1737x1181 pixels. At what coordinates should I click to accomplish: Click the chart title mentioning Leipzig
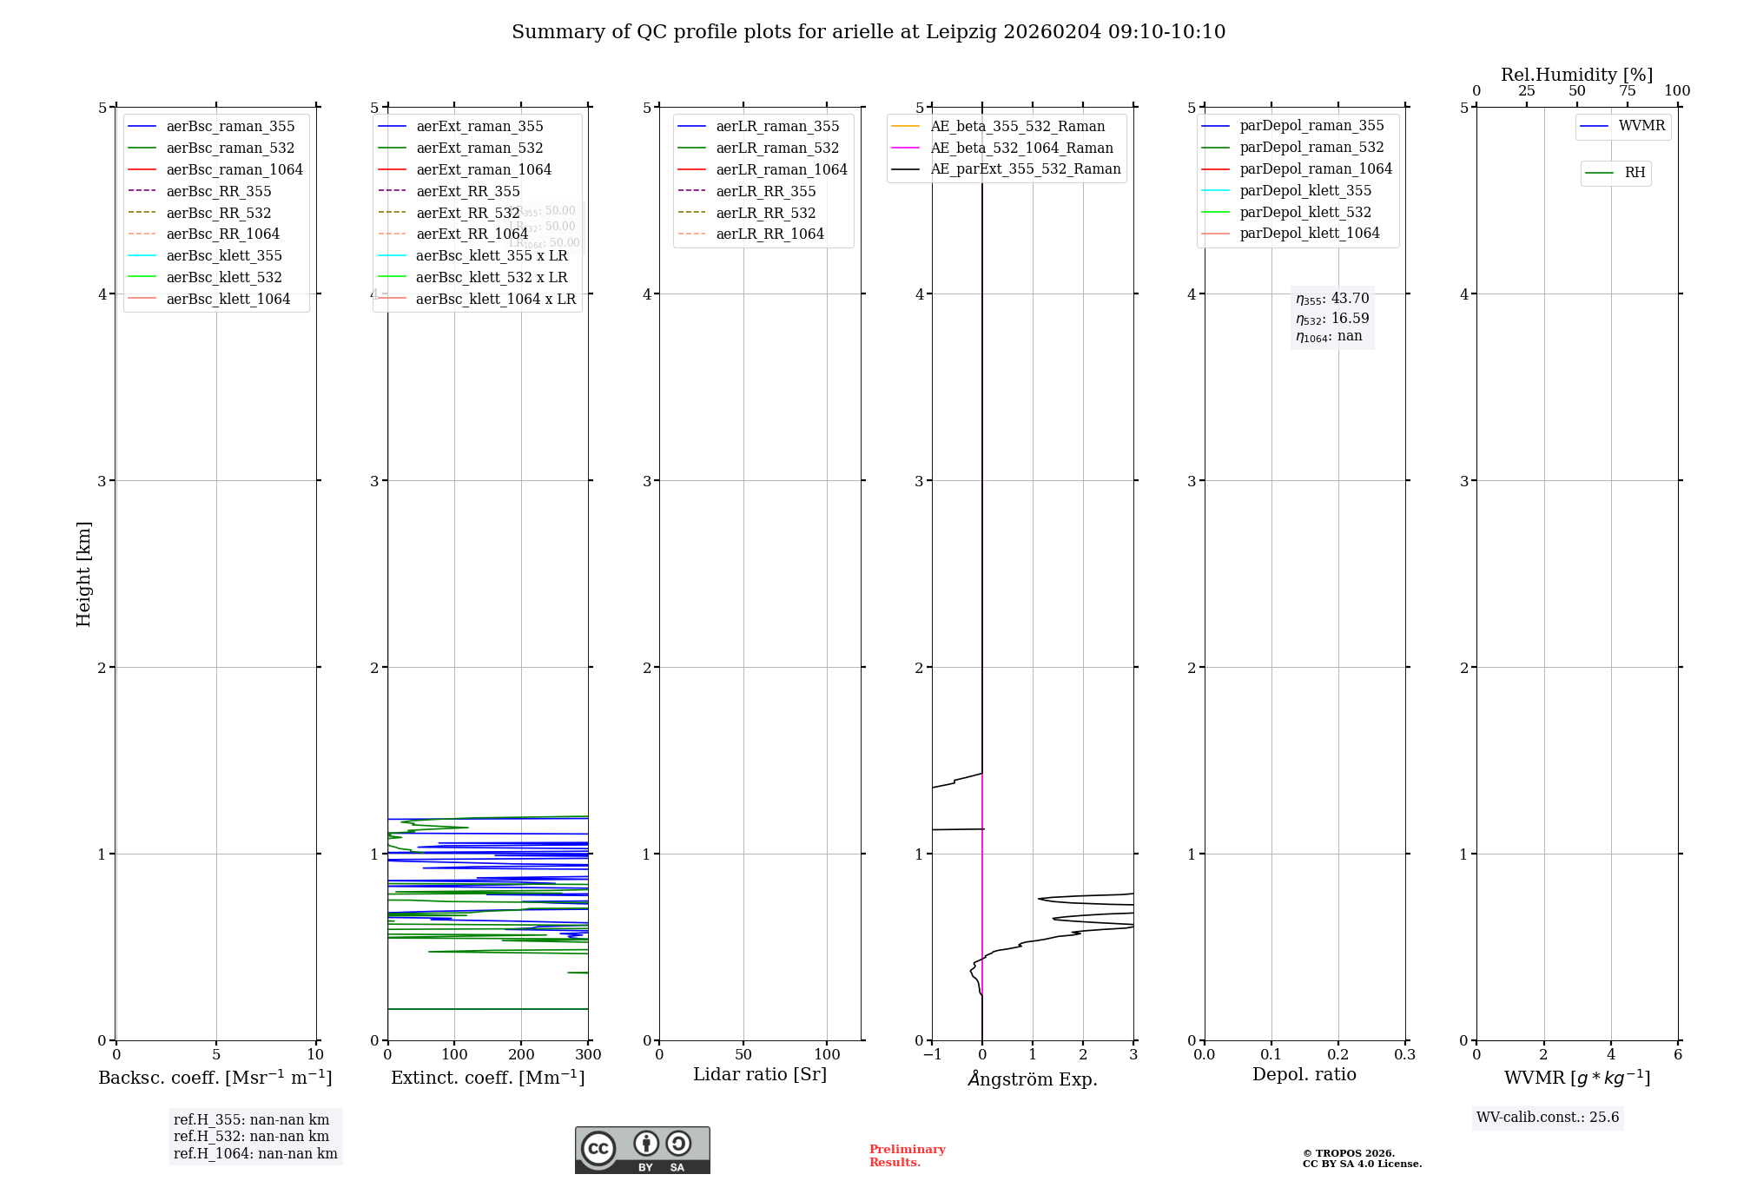(868, 32)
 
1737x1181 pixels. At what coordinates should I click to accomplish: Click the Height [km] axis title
(83, 573)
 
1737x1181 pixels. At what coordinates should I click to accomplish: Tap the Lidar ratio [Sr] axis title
(760, 1074)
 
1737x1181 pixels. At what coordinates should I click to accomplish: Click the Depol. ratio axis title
(1304, 1074)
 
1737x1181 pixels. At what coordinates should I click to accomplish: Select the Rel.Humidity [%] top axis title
(1576, 75)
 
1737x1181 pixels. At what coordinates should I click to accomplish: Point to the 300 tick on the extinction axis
(588, 1055)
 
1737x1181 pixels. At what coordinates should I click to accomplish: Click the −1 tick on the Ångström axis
(932, 1055)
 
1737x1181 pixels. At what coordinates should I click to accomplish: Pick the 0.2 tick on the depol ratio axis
(1337, 1055)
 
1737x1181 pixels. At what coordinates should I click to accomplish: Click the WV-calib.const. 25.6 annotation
(1548, 1118)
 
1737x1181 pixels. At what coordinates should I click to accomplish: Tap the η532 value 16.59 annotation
(1332, 319)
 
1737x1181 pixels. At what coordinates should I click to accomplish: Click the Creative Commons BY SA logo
(642, 1150)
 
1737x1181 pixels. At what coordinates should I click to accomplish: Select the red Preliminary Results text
(907, 1156)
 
